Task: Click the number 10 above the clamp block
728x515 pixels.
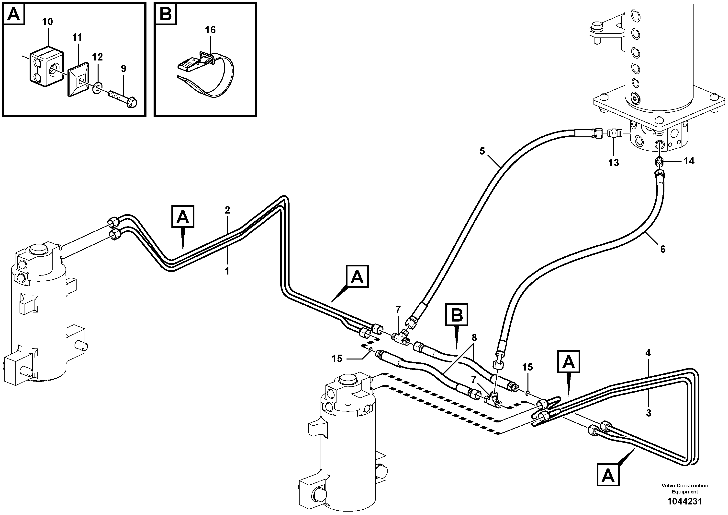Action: click(x=47, y=22)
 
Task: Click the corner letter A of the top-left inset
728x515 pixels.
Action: click(x=14, y=14)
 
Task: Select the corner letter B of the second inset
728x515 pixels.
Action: click(x=166, y=14)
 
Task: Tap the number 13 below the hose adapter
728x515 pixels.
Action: click(x=613, y=163)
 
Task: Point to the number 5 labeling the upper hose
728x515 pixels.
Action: click(x=482, y=151)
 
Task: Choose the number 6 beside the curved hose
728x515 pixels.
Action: click(x=663, y=249)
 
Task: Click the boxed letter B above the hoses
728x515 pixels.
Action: click(x=457, y=315)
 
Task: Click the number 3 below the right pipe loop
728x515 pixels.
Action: click(x=649, y=413)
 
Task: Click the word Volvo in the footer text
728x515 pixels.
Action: click(x=668, y=485)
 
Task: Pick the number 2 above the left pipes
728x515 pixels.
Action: click(x=227, y=210)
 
